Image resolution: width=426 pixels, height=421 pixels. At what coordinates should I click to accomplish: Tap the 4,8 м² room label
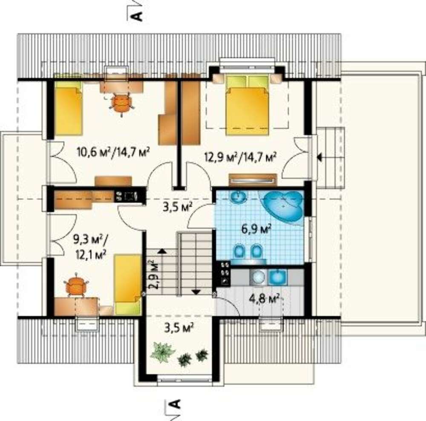pos(265,299)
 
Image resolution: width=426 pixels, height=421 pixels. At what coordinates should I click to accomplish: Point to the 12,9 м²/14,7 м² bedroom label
pos(240,156)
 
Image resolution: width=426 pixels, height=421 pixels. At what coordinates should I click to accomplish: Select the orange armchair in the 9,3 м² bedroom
pos(76,286)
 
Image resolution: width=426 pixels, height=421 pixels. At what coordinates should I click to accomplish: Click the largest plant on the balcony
pos(162,352)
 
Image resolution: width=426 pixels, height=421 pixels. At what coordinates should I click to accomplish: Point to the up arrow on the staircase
pos(162,251)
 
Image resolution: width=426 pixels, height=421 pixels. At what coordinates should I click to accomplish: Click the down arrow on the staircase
pos(196,292)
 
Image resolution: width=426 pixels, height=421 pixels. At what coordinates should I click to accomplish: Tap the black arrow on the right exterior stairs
pos(320,157)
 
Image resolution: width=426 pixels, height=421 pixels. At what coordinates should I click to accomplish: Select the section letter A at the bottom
pos(175,404)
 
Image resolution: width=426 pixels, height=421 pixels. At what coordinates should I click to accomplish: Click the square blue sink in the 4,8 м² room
pos(277,277)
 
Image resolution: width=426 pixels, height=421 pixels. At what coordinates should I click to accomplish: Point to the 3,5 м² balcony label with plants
pos(179,328)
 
